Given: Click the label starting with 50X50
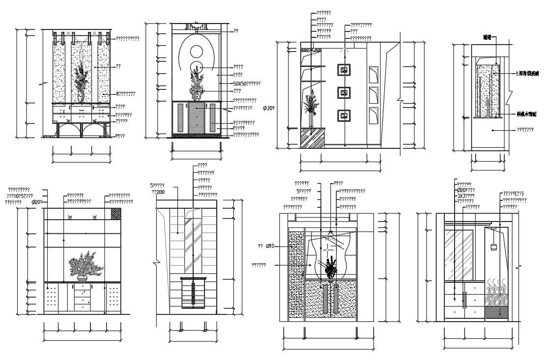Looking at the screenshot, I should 247,84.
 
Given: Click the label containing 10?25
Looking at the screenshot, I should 20,195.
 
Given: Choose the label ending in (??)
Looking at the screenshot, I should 513,194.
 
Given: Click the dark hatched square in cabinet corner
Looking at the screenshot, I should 116,214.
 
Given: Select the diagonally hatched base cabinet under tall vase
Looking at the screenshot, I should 312,138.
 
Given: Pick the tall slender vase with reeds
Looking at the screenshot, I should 310,111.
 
